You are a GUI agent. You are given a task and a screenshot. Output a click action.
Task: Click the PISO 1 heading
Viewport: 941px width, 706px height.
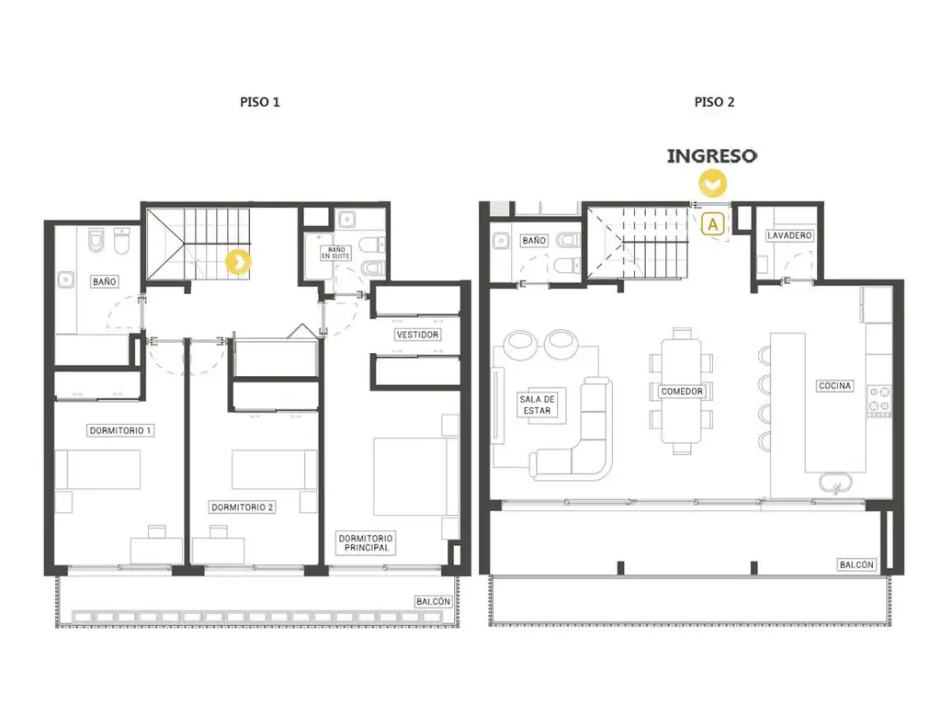point(260,102)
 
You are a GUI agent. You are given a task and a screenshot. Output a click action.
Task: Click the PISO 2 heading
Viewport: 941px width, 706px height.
point(714,102)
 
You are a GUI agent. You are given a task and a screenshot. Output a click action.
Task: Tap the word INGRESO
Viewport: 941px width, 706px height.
point(712,156)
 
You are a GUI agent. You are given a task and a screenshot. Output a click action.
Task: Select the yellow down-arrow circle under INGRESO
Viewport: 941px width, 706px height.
point(712,183)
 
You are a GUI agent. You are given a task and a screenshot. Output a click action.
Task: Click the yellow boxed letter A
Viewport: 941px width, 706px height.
point(713,224)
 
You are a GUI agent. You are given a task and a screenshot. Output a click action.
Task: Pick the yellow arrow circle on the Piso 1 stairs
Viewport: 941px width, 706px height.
point(238,262)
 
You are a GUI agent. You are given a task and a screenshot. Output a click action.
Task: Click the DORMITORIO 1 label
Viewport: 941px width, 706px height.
point(120,430)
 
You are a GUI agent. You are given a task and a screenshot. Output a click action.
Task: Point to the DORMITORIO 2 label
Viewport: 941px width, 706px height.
point(242,507)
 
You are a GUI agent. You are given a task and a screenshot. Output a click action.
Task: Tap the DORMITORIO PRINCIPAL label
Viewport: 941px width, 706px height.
point(366,542)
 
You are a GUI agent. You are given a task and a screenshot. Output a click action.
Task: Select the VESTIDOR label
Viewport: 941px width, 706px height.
point(418,335)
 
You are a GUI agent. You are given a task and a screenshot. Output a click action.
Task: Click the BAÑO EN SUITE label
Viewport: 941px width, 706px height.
point(335,253)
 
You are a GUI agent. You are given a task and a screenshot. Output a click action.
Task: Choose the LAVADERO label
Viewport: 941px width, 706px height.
point(789,235)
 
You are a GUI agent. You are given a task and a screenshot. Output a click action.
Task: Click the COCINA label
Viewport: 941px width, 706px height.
point(834,385)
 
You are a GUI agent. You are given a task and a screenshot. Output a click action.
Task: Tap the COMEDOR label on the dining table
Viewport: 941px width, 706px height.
point(682,392)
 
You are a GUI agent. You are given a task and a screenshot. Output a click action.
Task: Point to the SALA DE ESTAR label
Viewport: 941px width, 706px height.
point(537,404)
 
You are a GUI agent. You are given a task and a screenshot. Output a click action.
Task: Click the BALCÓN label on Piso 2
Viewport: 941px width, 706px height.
point(856,564)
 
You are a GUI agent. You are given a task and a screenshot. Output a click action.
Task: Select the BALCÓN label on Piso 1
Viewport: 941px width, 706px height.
point(433,601)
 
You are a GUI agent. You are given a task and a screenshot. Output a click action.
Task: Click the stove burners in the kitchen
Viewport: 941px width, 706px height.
point(879,401)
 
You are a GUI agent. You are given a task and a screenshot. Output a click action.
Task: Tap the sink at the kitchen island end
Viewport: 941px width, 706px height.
point(835,483)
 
